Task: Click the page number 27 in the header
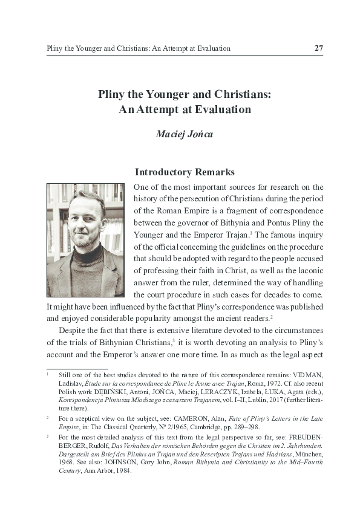click(318, 48)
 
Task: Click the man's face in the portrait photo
click(85, 220)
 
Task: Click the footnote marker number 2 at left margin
click(47, 417)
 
